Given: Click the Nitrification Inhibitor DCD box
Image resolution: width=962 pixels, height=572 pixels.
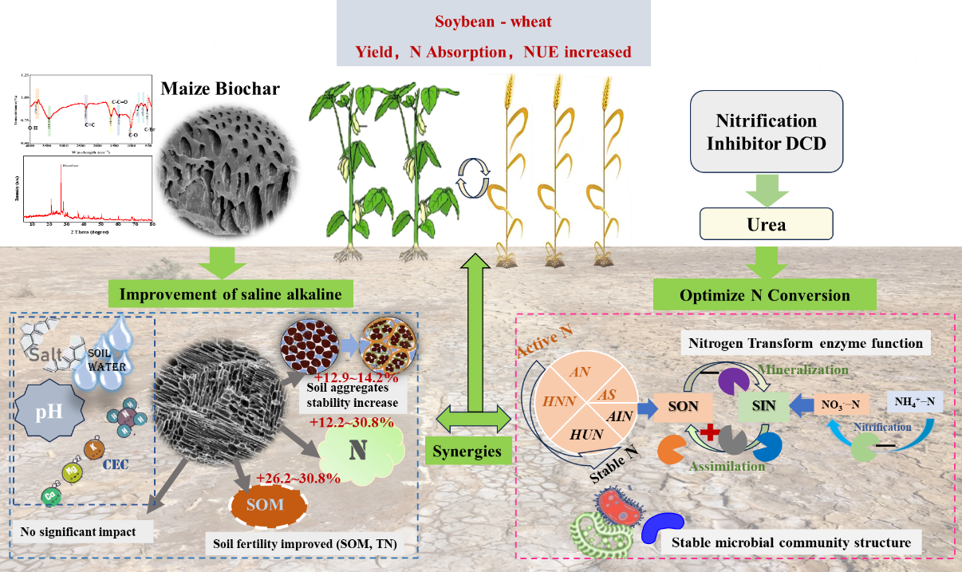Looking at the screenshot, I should (766, 131).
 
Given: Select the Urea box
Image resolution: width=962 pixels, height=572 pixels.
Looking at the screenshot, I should (766, 224).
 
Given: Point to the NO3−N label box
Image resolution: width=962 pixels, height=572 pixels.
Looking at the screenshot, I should (840, 404).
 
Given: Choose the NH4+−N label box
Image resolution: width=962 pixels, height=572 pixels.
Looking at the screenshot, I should (915, 401).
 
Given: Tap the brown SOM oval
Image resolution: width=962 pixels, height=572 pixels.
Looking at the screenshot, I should (269, 505).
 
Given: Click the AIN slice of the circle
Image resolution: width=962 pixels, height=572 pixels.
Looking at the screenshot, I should (619, 416).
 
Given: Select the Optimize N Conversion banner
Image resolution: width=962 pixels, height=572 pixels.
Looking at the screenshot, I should (764, 295).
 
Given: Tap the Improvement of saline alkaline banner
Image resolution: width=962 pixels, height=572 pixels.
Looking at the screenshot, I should (231, 294).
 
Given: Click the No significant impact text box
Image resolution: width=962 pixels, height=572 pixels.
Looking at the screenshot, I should (81, 531).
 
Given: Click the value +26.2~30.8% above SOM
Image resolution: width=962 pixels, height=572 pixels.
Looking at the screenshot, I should (298, 479).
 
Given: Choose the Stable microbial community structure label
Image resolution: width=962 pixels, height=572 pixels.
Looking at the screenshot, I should (790, 542).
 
